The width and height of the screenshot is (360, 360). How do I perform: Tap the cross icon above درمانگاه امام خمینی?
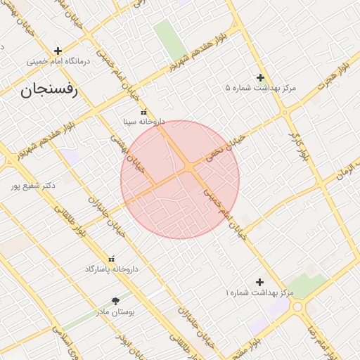[58, 51]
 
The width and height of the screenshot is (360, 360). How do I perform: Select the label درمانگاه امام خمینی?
[59, 62]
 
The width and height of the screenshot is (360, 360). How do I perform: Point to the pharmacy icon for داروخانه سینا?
[144, 111]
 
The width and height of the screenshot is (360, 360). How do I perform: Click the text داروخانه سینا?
[144, 122]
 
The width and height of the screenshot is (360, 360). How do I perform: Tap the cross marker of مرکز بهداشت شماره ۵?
[260, 77]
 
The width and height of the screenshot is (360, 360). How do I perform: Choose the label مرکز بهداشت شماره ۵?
[261, 89]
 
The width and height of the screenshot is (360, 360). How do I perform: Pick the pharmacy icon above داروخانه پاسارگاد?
[111, 259]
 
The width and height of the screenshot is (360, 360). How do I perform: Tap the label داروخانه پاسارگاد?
[112, 269]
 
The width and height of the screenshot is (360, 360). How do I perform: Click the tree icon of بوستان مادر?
[115, 300]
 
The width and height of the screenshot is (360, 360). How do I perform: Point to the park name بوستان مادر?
[116, 310]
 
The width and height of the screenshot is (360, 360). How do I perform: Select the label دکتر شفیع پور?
[33, 186]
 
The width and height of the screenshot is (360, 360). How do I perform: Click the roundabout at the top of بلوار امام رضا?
[300, 307]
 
